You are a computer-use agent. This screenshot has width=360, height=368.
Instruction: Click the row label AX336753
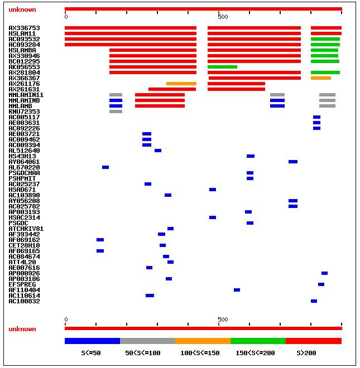[24, 28]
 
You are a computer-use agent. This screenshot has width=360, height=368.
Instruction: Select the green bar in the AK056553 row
[222, 67]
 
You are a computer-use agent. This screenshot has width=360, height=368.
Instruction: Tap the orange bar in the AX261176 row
[181, 84]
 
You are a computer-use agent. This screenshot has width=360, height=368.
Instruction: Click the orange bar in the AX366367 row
[321, 78]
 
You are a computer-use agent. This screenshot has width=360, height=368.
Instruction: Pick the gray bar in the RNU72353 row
[116, 112]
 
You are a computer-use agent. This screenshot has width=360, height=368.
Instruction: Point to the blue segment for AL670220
[105, 167]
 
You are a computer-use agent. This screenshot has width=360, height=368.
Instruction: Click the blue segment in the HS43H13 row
[251, 156]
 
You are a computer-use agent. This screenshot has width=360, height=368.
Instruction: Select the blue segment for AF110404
[237, 290]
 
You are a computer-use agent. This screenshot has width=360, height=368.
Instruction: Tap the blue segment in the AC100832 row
[314, 301]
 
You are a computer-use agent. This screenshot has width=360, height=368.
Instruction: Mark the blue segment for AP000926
[324, 273]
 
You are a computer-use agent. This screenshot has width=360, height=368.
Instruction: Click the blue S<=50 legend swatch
[92, 341]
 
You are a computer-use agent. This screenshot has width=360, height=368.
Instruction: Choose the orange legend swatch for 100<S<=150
[203, 341]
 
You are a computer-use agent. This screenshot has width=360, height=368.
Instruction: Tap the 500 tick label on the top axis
[223, 17]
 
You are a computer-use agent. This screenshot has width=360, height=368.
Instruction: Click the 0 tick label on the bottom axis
[66, 319]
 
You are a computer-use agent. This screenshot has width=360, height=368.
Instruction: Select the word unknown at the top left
[22, 9]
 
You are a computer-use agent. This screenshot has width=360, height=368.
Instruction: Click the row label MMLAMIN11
[26, 95]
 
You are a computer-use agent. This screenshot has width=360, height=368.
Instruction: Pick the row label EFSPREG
[22, 284]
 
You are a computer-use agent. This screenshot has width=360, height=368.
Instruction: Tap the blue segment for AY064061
[293, 162]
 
